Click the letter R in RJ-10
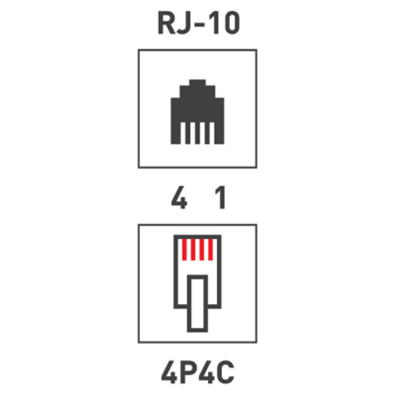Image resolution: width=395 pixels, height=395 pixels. tap(166, 23)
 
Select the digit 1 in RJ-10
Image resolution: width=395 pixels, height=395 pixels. tap(214, 23)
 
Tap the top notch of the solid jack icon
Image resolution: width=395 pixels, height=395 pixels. tap(197, 82)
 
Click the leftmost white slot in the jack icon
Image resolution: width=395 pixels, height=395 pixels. tap(183, 133)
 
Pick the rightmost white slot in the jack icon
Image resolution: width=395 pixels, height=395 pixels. tap(212, 133)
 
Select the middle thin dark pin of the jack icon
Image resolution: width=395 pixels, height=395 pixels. tap(197, 133)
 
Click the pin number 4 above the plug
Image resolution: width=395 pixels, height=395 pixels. tap(179, 197)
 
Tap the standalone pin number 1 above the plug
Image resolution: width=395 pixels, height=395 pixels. tap(220, 197)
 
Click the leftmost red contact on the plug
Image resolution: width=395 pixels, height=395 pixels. tap(184, 249)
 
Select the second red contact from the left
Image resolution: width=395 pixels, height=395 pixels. tap(193, 249)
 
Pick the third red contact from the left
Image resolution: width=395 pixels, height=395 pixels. tap(202, 249)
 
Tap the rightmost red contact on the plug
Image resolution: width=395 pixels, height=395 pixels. tap(210, 249)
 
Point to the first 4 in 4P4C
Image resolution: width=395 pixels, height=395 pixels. tap(169, 372)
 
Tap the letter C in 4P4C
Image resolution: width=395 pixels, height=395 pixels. tap(226, 372)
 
